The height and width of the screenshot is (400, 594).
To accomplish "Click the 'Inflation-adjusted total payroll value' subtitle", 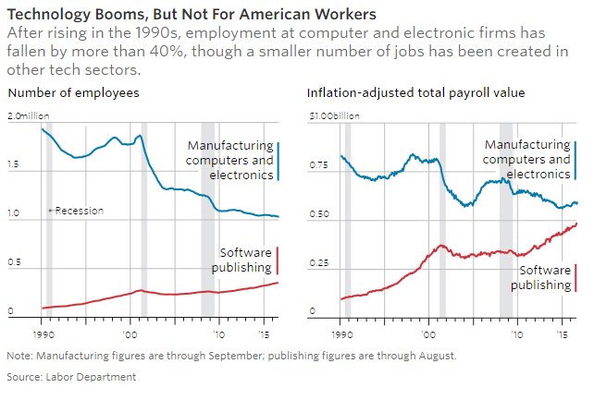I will (415, 92).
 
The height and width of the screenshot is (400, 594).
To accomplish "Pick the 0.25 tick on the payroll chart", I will (318, 263).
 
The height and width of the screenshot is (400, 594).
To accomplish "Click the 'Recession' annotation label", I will (79, 211).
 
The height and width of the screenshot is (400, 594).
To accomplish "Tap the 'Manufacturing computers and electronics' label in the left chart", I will (229, 160).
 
